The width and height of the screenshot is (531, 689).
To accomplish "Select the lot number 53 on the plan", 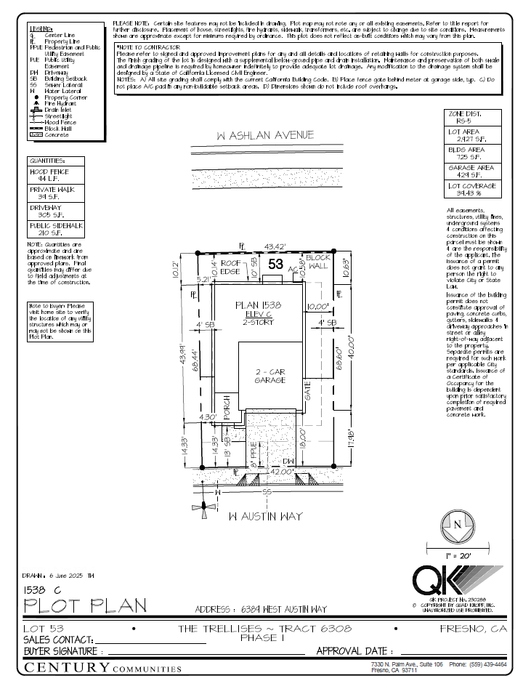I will pos(275,265).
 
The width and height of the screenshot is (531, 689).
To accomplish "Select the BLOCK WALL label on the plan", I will pos(317,263).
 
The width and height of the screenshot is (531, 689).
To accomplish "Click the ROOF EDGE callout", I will pos(231,267).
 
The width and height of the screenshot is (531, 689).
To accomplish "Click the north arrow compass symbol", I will pos(456,525).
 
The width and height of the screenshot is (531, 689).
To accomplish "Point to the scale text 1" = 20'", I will pos(456,555).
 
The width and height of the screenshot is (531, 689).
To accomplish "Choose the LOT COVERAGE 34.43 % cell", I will pos(471,189).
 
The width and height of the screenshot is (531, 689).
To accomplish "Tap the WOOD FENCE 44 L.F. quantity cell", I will pos(56,174).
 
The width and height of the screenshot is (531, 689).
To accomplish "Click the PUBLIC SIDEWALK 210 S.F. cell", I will pos(56,229).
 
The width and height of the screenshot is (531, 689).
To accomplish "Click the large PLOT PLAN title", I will pos(85,605).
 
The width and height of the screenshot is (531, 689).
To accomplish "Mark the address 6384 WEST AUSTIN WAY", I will pos(262,609).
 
